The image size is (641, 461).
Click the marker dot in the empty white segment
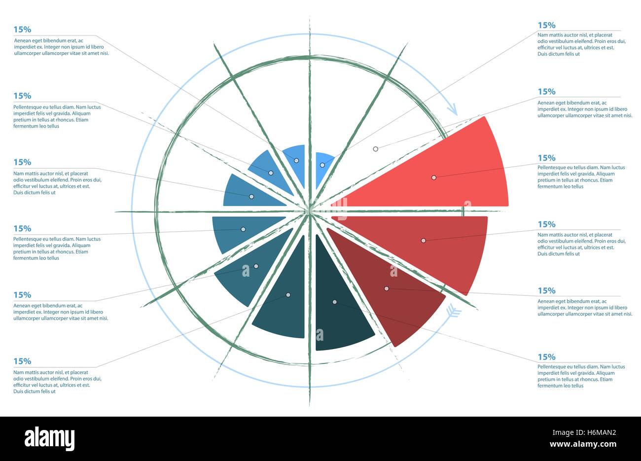(x=375, y=148)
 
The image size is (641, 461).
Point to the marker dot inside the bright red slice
(x=434, y=177)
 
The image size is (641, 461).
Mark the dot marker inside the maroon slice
(x=387, y=288)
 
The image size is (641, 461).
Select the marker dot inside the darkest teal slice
(x=334, y=302)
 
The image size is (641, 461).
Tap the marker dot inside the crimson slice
(x=423, y=241)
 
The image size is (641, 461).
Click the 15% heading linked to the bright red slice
(x=546, y=158)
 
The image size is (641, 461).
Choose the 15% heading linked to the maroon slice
(x=546, y=290)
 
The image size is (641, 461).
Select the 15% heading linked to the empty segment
(x=546, y=91)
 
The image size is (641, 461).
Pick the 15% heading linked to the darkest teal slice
(x=546, y=356)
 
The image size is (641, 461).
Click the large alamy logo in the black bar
(x=50, y=438)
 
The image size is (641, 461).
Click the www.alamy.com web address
(x=583, y=444)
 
